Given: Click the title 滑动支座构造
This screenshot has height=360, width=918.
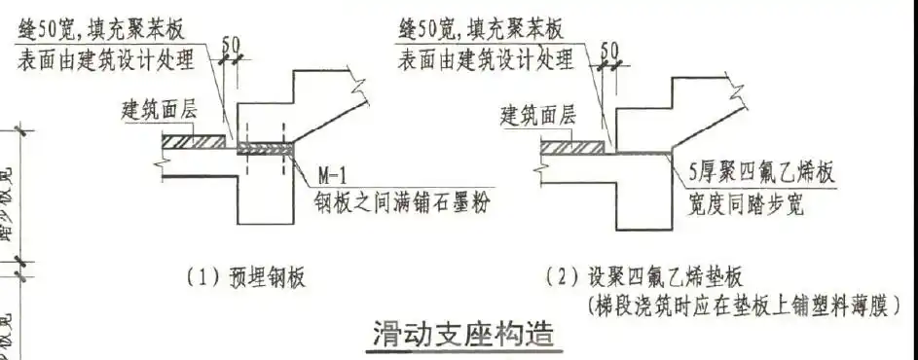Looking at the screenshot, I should tap(463, 335).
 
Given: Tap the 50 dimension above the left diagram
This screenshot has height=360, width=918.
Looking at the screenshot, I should tap(232, 44).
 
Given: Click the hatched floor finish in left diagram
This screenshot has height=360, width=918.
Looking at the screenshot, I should tap(194, 142).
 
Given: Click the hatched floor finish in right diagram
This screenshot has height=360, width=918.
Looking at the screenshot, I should tap(574, 148).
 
